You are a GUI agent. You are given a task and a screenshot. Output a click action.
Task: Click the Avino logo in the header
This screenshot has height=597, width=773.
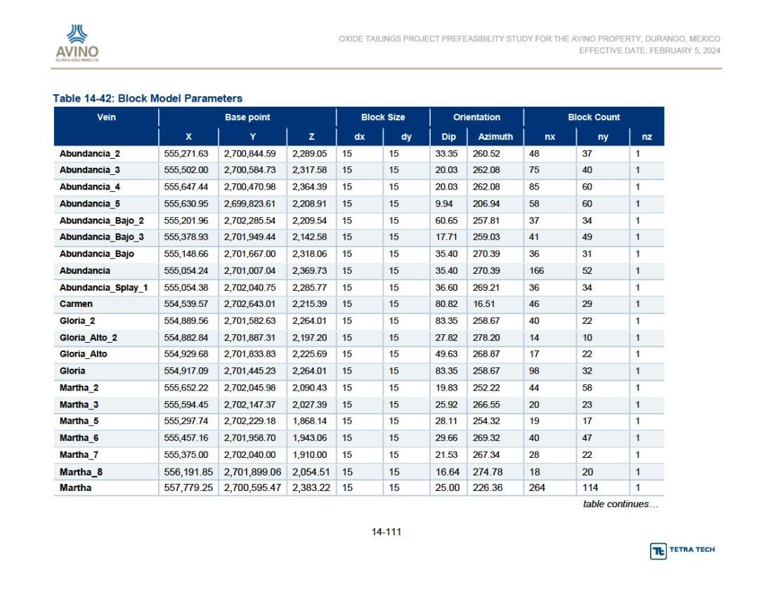[77, 43]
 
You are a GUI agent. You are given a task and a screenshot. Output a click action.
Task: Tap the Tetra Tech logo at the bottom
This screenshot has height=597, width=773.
[682, 550]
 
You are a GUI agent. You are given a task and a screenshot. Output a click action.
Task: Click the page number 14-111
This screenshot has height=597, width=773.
[386, 532]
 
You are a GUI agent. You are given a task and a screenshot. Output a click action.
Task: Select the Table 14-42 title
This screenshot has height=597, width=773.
[148, 98]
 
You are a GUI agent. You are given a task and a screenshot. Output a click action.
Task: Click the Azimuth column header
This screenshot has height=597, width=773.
[495, 137]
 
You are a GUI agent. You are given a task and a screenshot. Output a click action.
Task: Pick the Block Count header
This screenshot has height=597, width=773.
[594, 117]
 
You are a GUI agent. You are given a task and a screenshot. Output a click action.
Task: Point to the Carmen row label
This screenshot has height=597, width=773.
[76, 304]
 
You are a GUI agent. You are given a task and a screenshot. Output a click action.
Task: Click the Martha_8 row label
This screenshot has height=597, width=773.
[81, 472]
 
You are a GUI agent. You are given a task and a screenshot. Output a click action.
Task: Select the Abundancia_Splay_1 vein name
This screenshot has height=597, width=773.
[103, 288]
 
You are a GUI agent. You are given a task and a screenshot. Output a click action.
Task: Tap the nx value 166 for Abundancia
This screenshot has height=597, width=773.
[536, 271]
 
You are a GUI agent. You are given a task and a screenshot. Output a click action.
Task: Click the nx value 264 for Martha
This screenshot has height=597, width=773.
[537, 487]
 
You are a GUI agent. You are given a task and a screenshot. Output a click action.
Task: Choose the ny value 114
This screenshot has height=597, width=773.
[590, 487]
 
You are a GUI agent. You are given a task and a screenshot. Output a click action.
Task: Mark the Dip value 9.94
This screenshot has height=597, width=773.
[443, 204]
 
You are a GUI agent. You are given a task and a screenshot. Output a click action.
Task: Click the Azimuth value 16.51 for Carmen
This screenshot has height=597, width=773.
[483, 304]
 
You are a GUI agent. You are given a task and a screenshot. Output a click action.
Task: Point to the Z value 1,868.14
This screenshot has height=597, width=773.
[309, 421]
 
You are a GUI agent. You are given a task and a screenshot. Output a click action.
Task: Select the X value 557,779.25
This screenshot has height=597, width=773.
[188, 487]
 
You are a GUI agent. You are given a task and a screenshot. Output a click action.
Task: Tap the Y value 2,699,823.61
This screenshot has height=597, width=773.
[249, 204]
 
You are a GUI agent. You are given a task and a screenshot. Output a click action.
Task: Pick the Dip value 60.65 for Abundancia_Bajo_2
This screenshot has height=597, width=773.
[446, 221]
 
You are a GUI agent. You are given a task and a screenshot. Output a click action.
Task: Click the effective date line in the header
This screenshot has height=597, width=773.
[650, 51]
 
